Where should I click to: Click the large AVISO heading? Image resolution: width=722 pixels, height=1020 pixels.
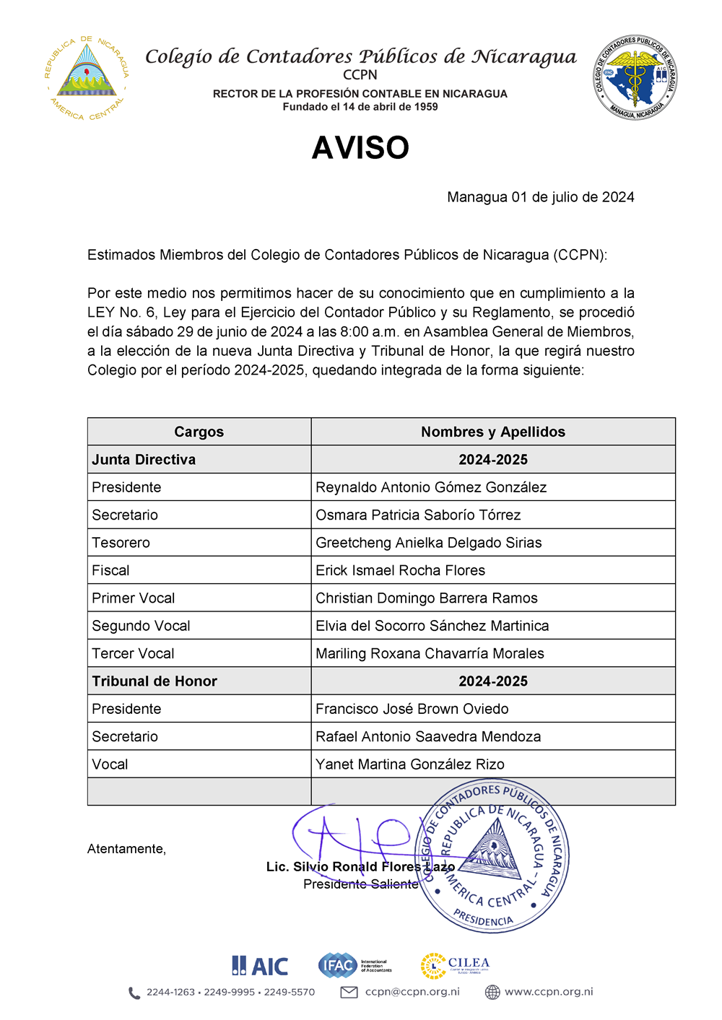coord(360,148)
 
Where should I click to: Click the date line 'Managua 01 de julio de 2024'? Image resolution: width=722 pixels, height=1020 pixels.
coord(540,197)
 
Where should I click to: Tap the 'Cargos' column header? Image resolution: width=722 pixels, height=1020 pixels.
coord(199,432)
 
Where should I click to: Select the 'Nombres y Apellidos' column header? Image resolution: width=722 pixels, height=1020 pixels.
coord(493,432)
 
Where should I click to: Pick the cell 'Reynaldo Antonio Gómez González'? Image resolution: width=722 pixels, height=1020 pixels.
coord(431,487)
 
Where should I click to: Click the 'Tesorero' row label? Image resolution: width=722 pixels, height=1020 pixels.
coord(121,543)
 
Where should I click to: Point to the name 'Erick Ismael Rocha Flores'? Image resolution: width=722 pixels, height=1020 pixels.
coord(400,570)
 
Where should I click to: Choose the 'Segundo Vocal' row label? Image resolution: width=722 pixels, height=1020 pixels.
coord(141,626)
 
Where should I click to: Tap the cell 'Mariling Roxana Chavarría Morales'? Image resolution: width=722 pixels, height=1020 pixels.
coord(430,653)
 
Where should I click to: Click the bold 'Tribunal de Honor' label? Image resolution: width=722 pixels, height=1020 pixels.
coord(155,681)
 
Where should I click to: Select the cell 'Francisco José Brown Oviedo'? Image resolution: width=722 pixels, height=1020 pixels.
coord(412,709)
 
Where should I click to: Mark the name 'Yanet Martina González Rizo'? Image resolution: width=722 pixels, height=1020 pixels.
coord(409,764)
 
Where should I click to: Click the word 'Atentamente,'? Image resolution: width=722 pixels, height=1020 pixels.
coord(126,849)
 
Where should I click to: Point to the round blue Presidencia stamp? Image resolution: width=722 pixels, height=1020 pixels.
coord(494,857)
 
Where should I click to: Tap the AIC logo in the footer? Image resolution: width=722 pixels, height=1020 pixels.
coord(260,966)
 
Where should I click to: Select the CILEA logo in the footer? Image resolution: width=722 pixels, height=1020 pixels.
coord(455,966)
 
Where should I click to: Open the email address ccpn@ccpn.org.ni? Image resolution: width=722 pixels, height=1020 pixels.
coord(412,992)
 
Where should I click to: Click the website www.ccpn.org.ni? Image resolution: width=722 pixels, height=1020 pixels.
coord(549,992)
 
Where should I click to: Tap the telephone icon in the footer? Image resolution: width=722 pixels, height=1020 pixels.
coord(134,993)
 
